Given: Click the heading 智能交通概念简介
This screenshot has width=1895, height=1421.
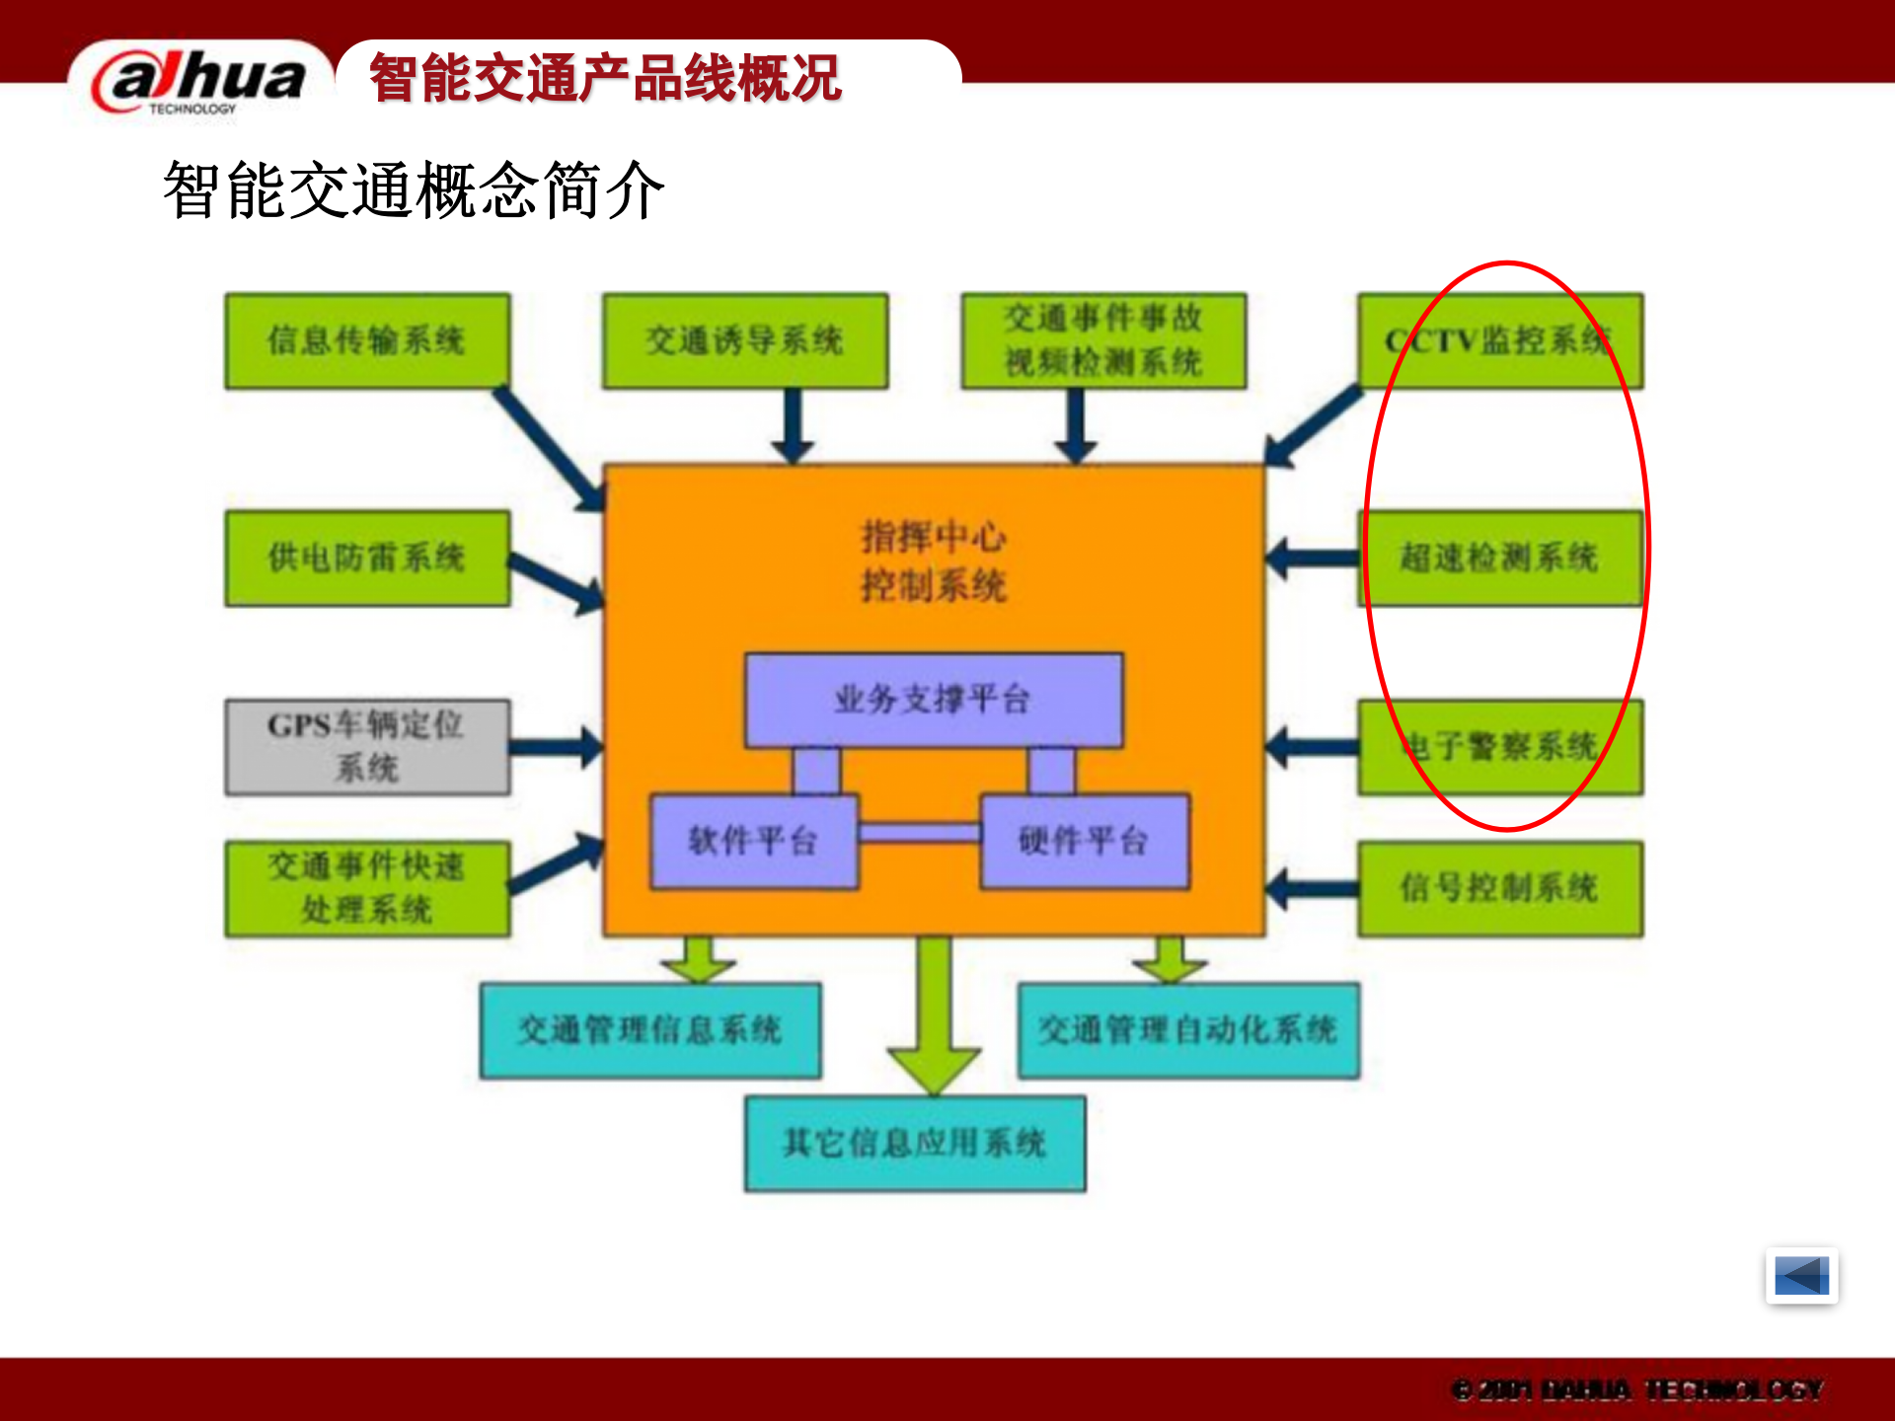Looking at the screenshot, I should click(x=414, y=190).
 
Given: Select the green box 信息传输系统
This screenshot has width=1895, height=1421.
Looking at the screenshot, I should click(x=367, y=340).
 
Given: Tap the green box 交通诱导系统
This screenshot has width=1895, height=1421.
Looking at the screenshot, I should click(x=745, y=340).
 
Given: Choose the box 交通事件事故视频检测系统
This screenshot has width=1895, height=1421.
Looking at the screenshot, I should click(x=1103, y=340).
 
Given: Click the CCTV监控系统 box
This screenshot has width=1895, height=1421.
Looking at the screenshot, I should click(x=1499, y=340).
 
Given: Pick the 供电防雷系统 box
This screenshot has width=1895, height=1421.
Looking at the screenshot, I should click(x=367, y=558).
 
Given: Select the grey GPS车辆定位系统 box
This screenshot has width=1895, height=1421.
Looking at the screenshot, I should click(x=367, y=747).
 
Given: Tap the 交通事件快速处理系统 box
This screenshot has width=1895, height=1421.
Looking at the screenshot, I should click(x=367, y=888).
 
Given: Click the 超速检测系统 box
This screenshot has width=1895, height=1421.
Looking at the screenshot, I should click(x=1499, y=558).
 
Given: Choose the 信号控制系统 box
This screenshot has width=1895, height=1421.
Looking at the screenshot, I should click(x=1499, y=888).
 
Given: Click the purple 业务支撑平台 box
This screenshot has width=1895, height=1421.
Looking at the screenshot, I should click(x=934, y=700).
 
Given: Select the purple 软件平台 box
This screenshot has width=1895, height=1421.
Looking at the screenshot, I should click(x=753, y=841).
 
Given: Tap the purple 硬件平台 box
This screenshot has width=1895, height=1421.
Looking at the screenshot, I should click(x=1084, y=841).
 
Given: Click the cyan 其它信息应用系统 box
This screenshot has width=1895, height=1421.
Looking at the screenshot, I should click(x=915, y=1144).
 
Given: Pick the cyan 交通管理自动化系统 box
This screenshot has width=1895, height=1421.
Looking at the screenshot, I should click(x=1188, y=1030).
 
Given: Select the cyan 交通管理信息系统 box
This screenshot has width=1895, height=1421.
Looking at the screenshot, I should click(x=649, y=1030).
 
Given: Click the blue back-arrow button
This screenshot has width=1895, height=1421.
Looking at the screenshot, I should click(x=1801, y=1276).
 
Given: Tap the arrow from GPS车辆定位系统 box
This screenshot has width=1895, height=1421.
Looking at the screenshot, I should click(x=556, y=747).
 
